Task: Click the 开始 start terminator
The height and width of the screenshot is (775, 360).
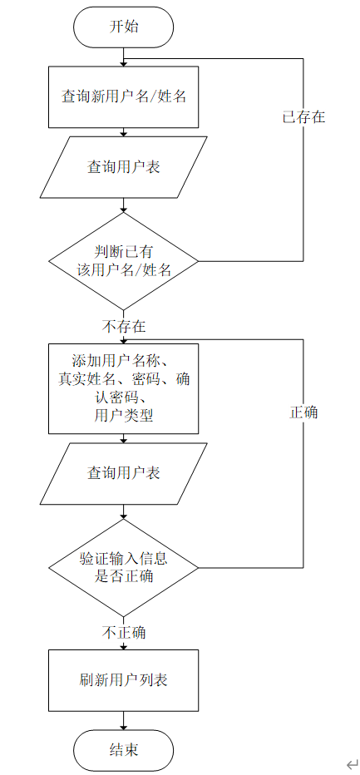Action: pos(123,27)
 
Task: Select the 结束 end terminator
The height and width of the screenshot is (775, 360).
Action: pos(123,749)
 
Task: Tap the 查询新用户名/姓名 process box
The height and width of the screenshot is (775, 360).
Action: pos(123,96)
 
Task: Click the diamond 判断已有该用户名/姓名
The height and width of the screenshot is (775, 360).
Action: pos(123,260)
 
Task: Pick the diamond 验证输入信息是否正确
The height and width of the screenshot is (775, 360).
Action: pos(123,566)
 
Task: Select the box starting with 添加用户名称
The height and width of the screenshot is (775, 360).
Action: pos(123,388)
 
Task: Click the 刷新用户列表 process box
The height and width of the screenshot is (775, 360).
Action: pos(123,679)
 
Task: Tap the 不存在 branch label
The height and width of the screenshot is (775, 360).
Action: pos(124,326)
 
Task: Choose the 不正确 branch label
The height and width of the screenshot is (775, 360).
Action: pos(124,633)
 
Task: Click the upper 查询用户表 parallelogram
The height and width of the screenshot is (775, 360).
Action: pos(123,166)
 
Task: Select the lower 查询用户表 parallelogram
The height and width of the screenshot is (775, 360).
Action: pos(123,473)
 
